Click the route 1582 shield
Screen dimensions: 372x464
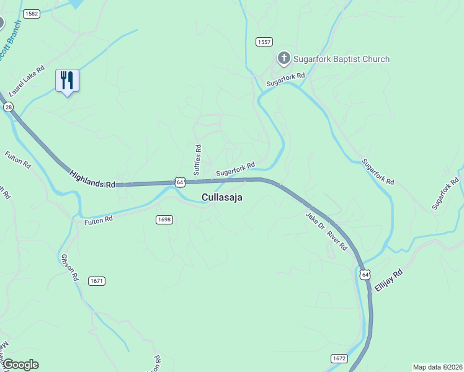pyautogui.click(x=30, y=13)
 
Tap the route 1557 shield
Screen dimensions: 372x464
pyautogui.click(x=264, y=42)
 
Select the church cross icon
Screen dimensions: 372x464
pyautogui.click(x=283, y=59)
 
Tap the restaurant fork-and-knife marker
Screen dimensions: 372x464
pyautogui.click(x=67, y=80)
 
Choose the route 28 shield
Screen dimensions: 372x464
pyautogui.click(x=8, y=107)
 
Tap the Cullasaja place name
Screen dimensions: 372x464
pyautogui.click(x=221, y=198)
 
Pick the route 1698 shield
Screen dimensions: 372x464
pyautogui.click(x=164, y=219)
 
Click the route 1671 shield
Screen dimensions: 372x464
pyautogui.click(x=97, y=281)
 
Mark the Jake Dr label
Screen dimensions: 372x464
pyautogui.click(x=315, y=222)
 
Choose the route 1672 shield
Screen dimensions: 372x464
pyautogui.click(x=339, y=358)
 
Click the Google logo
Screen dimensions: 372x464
pyautogui.click(x=20, y=365)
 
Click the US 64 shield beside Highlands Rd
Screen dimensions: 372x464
pyautogui.click(x=179, y=182)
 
